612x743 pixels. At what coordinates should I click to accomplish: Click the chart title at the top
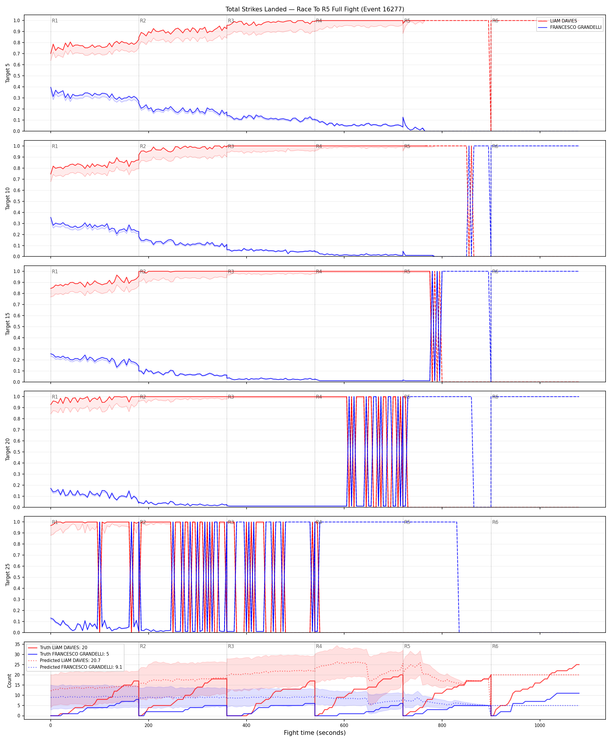coord(315,9)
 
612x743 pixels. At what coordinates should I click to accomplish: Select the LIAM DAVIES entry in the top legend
coord(563,21)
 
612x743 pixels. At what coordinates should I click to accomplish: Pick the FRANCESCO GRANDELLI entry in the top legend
coord(576,27)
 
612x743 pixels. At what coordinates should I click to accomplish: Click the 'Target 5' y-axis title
coord(8,73)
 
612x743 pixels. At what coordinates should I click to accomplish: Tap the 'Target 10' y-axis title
coord(8,198)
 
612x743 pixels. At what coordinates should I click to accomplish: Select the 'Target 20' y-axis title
coord(8,449)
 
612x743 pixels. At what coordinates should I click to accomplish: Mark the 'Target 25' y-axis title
coord(8,575)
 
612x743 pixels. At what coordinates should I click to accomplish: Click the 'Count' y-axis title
coord(9,681)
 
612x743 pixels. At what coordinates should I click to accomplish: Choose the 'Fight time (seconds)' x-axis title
coord(315,733)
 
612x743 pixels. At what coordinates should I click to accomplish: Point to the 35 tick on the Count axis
coord(17,644)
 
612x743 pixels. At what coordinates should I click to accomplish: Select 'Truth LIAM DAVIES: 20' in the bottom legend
coord(64,647)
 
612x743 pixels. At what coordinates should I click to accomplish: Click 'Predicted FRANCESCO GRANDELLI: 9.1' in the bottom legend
coord(81,667)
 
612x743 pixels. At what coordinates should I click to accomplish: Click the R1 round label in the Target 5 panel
coord(55,21)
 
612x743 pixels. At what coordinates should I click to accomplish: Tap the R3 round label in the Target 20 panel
coord(231,397)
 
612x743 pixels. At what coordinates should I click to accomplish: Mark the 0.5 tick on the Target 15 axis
coord(17,327)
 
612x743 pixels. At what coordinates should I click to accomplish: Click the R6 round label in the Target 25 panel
coord(495,522)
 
